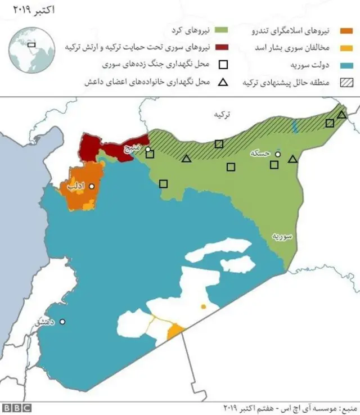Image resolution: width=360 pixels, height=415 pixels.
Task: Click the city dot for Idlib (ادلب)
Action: coord(91,186)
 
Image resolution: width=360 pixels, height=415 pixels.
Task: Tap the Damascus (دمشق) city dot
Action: coord(62,322)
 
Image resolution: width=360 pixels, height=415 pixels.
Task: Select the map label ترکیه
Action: coord(222,115)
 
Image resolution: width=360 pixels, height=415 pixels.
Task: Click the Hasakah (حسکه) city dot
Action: coord(277,153)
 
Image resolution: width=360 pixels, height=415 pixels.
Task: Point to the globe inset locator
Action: coord(31,47)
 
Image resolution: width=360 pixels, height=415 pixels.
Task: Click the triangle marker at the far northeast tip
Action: coord(341,115)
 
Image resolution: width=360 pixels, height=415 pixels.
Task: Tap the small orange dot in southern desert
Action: coord(203,307)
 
